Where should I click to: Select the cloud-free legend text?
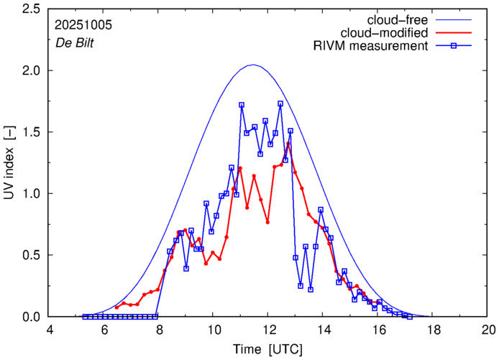[403, 19]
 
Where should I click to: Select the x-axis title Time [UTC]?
[268, 349]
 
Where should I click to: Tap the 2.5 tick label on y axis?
[29, 9]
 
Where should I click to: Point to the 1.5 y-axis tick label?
[29, 132]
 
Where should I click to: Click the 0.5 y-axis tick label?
[29, 255]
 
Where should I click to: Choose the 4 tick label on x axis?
[50, 330]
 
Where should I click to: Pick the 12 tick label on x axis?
[268, 330]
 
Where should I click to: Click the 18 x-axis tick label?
[433, 330]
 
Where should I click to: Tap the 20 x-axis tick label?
[487, 330]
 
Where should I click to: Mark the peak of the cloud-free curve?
[252, 65]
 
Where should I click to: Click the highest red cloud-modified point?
[288, 143]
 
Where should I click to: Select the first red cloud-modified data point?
[116, 308]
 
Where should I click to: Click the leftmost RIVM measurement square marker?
[85, 316]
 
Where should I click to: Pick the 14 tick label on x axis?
[324, 330]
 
